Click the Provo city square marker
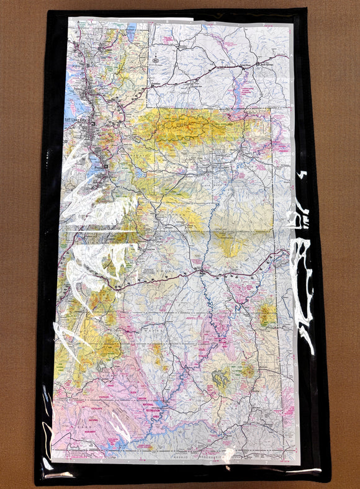coord(107,167)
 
